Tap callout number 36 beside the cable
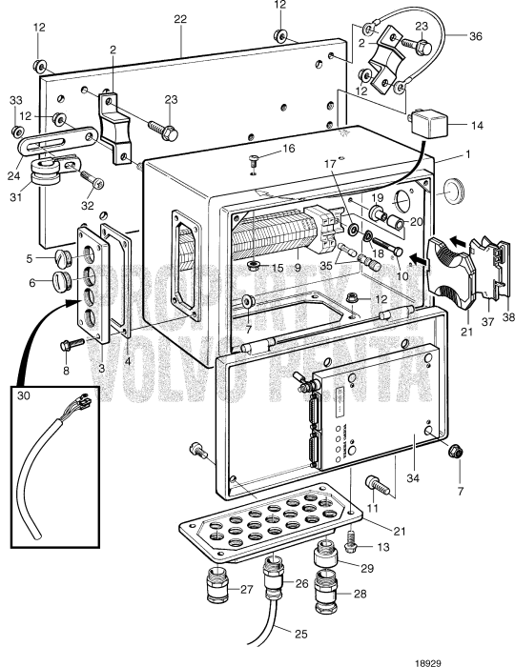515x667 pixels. [475, 36]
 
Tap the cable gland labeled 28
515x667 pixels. [328, 580]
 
